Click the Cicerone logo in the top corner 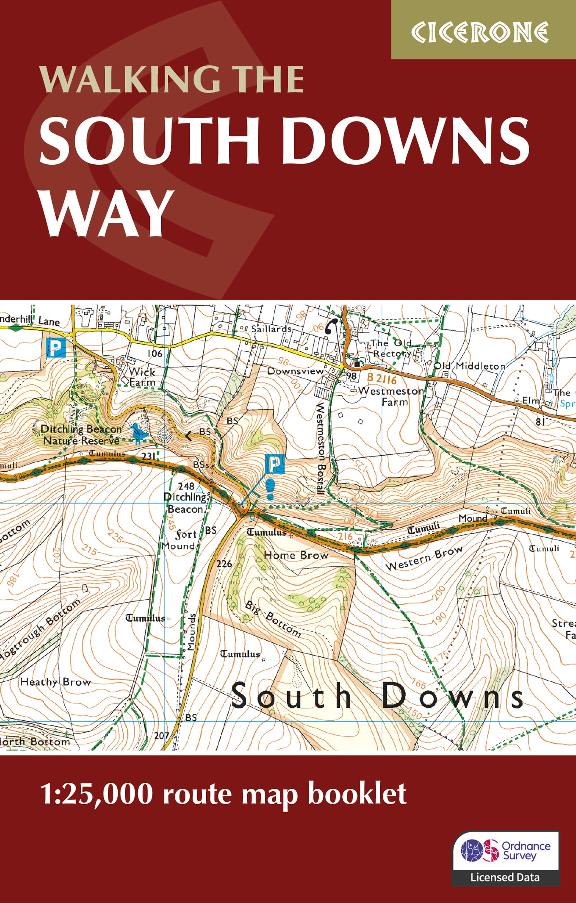coord(480,32)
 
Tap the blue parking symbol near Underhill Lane coord(56,348)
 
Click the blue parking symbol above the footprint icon coord(275,464)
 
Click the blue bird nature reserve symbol coord(139,432)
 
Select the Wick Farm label coord(141,377)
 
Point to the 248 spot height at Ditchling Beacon coord(186,486)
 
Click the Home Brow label coord(296,555)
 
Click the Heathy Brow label coord(55,682)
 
